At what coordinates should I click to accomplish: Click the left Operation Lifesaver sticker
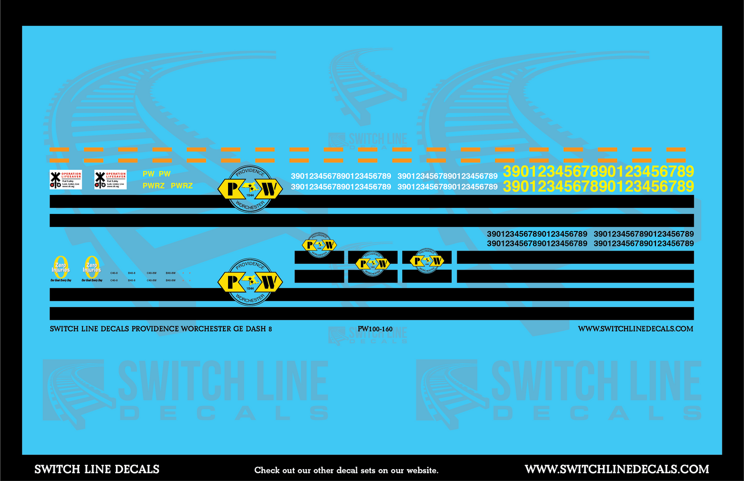pos(65,180)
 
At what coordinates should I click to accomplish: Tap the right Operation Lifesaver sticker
pos(110,180)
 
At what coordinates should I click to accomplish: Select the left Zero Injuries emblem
pos(61,268)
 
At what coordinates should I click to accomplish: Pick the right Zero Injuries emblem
pos(92,268)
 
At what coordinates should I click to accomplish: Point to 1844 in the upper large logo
pos(250,195)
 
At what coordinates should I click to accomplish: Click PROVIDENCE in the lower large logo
pos(250,265)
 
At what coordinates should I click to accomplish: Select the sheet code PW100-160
pos(375,329)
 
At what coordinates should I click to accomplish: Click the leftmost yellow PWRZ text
pos(153,186)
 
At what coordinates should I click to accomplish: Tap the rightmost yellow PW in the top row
pos(165,174)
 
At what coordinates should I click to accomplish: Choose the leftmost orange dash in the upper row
pos(59,150)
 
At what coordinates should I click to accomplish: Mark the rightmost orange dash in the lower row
pos(676,160)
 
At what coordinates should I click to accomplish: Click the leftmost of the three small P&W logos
pos(319,245)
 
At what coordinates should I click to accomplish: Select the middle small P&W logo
pos(373,263)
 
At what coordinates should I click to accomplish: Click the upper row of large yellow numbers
pos(598,171)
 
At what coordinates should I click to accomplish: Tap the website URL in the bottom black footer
pos(617,469)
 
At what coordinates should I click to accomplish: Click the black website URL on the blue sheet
pos(635,329)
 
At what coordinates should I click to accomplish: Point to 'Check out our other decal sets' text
pos(346,470)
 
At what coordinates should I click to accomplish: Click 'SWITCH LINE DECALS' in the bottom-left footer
pos(97,469)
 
